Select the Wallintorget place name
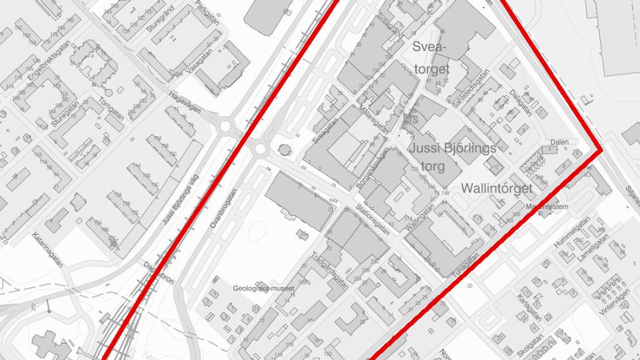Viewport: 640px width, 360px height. (497, 188)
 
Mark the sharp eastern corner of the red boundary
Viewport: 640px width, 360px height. (601, 150)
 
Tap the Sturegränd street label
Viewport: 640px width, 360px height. (160, 20)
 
